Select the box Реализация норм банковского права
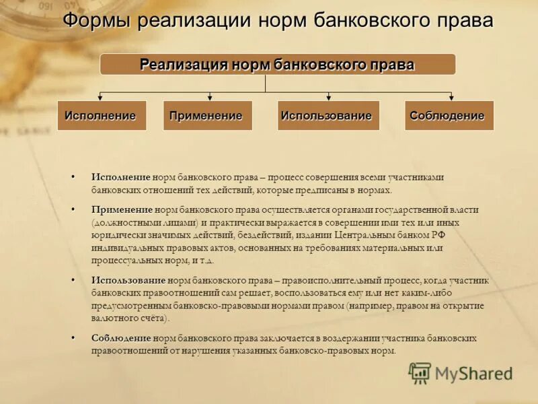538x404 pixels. coord(277,65)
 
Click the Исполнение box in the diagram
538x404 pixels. coord(101,115)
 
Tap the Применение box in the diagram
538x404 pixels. coord(206,115)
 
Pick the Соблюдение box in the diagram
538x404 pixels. coord(448,115)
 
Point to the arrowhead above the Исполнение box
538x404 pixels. coord(101,98)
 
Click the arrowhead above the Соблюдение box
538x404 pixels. coord(448,98)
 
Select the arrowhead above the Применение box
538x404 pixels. coord(210,98)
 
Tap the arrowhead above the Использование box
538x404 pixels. coord(328,98)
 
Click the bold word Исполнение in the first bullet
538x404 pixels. coord(121,177)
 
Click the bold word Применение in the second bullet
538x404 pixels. coord(122,210)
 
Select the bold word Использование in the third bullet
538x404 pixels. coord(128,280)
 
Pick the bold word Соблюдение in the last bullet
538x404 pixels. coord(121,339)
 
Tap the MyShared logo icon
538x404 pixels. coord(420,372)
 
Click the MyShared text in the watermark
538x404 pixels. coord(473,373)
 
